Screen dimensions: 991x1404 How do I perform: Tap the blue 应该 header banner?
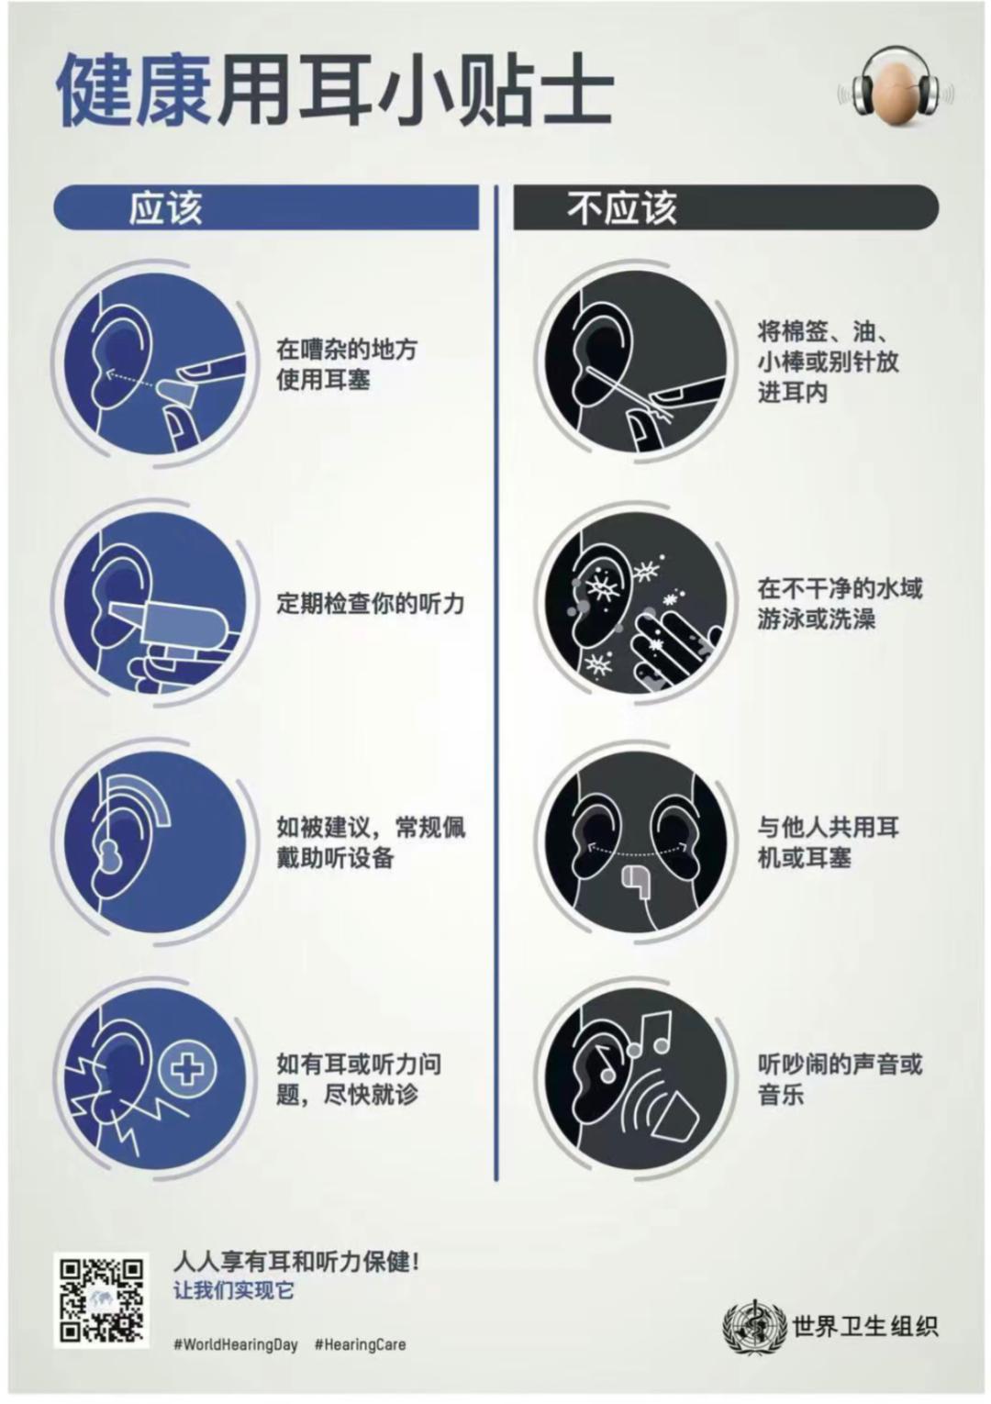point(267,207)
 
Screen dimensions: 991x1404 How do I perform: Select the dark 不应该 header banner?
point(726,207)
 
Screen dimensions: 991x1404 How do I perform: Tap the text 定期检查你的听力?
point(371,604)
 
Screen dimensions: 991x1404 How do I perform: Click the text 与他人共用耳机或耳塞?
point(828,841)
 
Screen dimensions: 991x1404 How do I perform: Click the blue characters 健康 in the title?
point(134,90)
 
